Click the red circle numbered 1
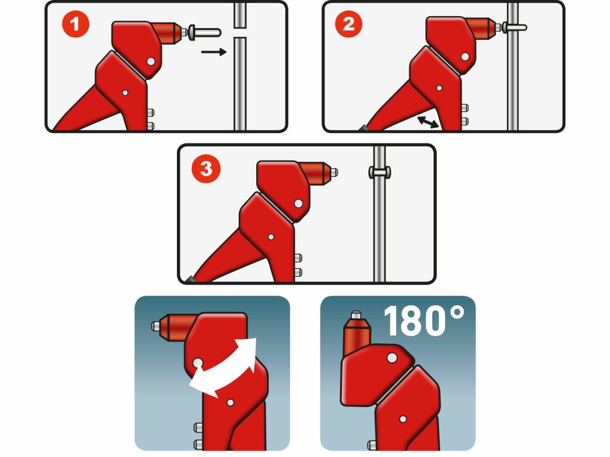(x=76, y=24)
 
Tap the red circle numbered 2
(x=348, y=24)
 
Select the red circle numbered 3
(x=206, y=168)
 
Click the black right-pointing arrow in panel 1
(x=214, y=52)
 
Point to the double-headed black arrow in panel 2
(x=428, y=122)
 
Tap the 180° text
(x=424, y=321)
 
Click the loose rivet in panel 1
(x=204, y=32)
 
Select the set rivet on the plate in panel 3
(x=379, y=171)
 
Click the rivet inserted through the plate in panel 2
(x=514, y=27)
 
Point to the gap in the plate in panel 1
(x=241, y=32)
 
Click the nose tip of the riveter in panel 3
(x=334, y=172)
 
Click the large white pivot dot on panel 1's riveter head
(x=151, y=61)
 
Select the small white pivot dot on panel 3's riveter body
(x=271, y=237)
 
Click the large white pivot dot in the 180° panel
(x=392, y=357)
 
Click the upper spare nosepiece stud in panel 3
(x=298, y=258)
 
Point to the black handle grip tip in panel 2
(x=363, y=128)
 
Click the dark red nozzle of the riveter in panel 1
(x=168, y=33)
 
